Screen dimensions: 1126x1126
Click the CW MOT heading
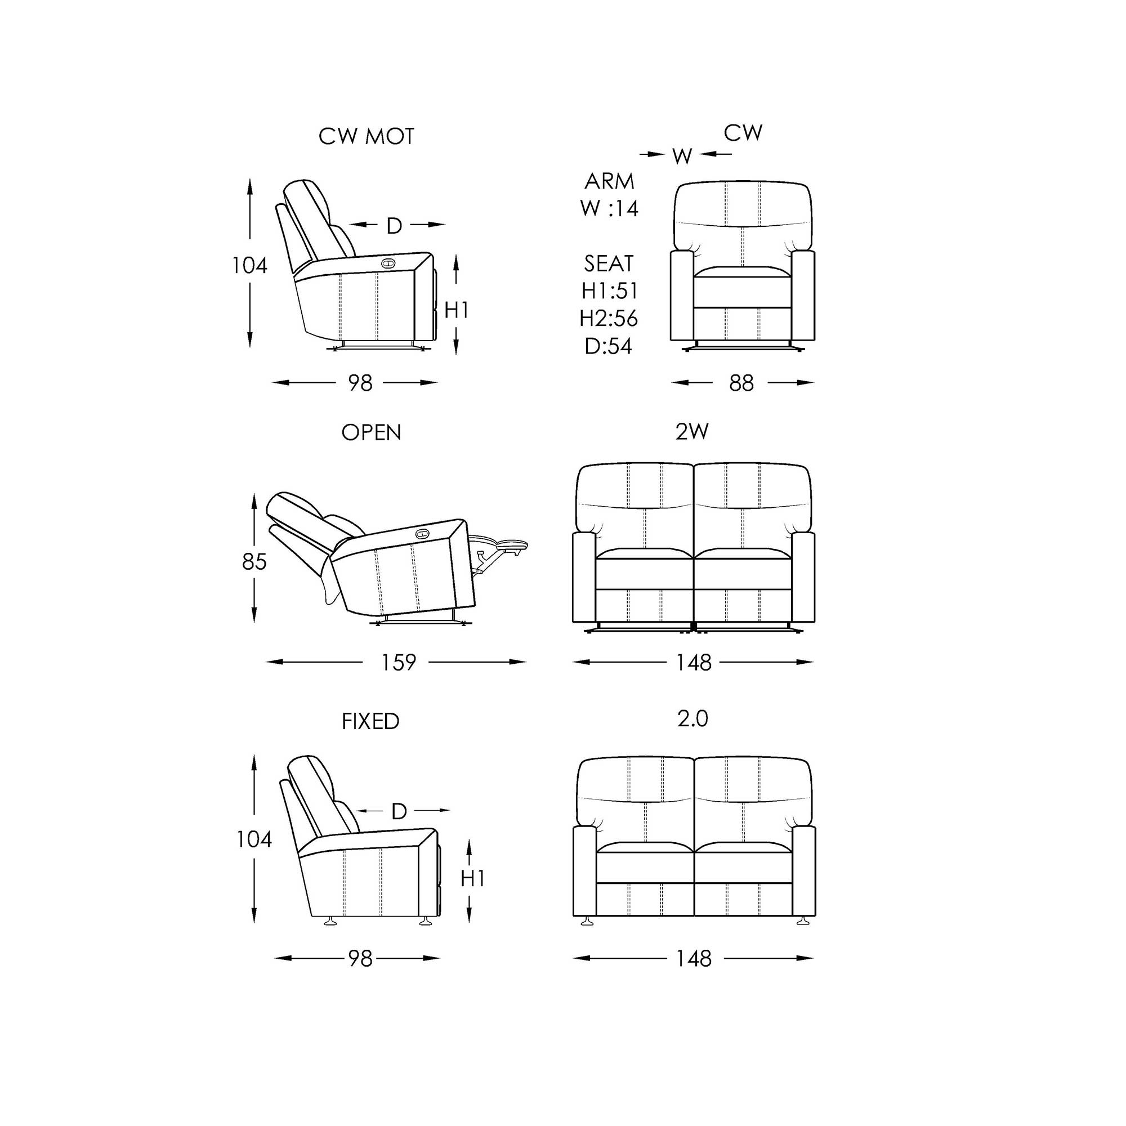click(x=366, y=136)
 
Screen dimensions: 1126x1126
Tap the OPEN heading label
click(x=371, y=432)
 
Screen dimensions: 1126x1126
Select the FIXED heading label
click(x=370, y=722)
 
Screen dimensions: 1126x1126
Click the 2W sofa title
click(x=692, y=431)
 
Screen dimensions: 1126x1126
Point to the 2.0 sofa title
click(x=692, y=718)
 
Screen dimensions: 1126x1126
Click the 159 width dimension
click(x=398, y=662)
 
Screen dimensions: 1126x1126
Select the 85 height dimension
click(x=254, y=562)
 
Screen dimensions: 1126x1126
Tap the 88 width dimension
click(x=741, y=383)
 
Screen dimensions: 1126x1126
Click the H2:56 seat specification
click(x=609, y=318)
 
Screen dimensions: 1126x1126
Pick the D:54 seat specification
click(x=609, y=346)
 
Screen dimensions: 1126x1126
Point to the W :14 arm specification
click(x=609, y=208)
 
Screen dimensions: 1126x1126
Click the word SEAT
click(x=609, y=263)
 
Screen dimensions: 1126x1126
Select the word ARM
click(x=609, y=181)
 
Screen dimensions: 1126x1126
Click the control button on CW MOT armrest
click(x=387, y=263)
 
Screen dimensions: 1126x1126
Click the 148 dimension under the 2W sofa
click(x=694, y=662)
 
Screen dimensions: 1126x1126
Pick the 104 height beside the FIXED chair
click(x=254, y=839)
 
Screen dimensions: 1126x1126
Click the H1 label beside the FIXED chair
click(x=473, y=878)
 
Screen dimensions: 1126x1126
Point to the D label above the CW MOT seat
click(x=395, y=226)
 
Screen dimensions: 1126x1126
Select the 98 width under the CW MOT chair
click(x=360, y=383)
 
